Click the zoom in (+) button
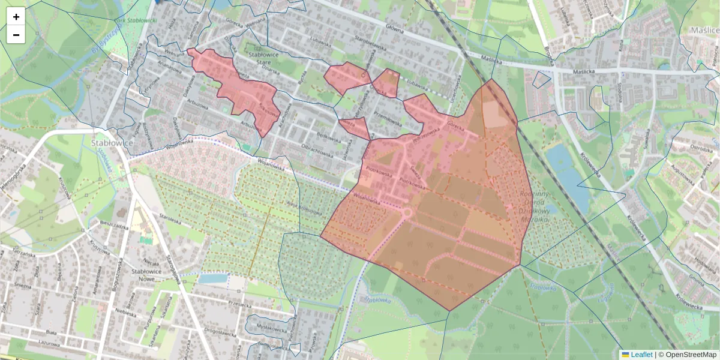click(x=16, y=17)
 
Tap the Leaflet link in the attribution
click(x=641, y=355)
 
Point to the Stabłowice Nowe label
click(x=146, y=275)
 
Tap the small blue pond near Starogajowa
click(x=213, y=278)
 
